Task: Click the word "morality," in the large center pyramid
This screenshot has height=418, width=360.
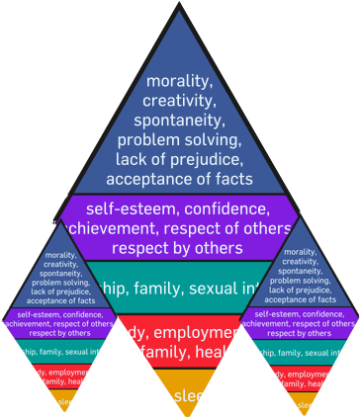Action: click(179, 81)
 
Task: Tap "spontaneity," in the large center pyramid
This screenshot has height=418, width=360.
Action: click(179, 120)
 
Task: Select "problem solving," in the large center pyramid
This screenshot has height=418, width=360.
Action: click(179, 139)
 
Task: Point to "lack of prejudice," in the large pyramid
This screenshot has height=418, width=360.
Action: click(179, 159)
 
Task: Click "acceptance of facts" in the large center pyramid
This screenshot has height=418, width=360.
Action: click(179, 179)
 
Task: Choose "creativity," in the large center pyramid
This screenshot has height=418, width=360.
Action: click(179, 101)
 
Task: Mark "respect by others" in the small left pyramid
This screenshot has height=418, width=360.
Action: click(59, 333)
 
